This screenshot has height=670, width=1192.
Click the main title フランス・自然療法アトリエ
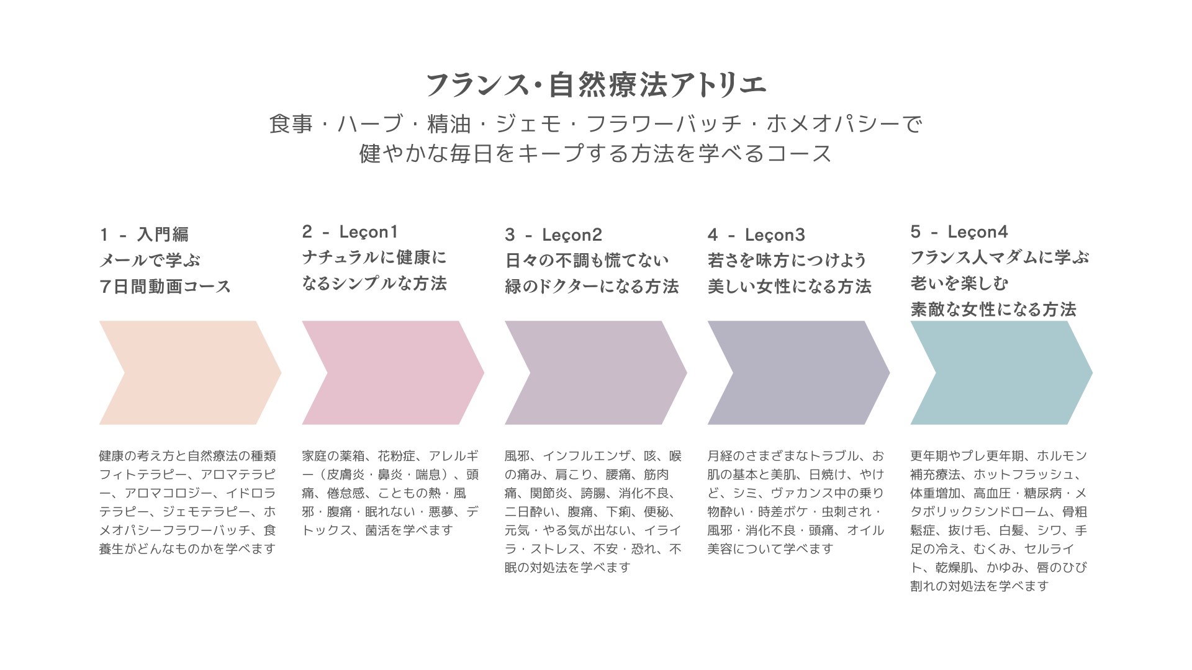coord(596,85)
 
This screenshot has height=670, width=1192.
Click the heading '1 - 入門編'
coord(144,234)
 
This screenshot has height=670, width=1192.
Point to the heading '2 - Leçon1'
coord(350,232)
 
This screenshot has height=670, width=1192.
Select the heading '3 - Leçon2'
coord(553,234)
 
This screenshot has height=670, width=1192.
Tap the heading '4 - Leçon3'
coord(756,234)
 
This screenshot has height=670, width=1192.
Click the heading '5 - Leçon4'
coord(959,232)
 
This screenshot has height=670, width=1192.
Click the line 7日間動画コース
coord(165,287)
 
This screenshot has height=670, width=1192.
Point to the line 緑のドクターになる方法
coord(592,287)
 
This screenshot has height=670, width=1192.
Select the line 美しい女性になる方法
coord(790,287)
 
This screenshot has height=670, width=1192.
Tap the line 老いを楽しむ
coord(959,284)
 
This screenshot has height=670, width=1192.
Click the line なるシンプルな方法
coord(374,284)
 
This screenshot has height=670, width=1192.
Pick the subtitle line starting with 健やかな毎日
coord(596,154)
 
